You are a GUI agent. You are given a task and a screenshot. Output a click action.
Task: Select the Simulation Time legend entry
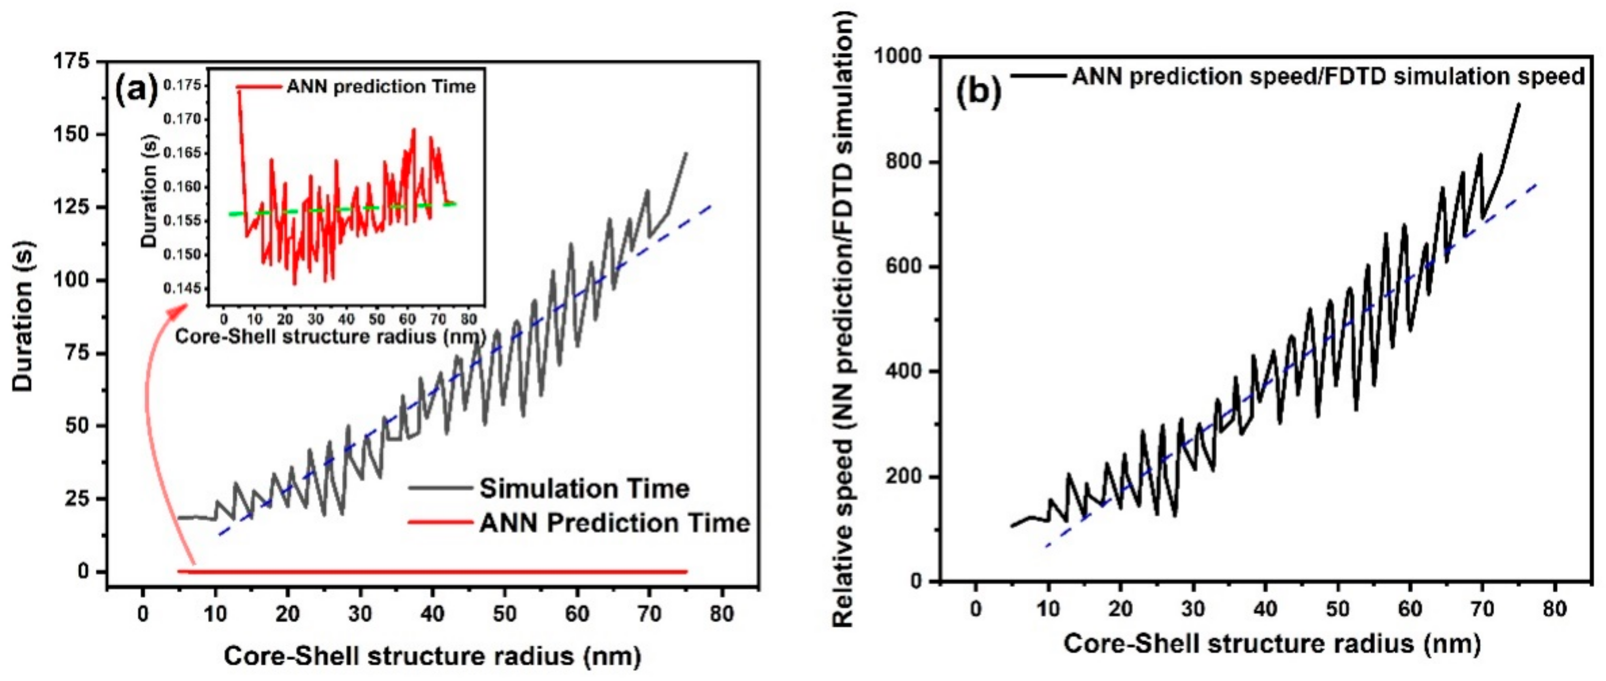(584, 488)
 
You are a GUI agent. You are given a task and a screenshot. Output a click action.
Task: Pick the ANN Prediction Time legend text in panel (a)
(614, 523)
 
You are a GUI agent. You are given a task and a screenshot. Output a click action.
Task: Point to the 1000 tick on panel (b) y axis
(897, 56)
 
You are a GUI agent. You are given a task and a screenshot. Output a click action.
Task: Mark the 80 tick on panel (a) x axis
(721, 614)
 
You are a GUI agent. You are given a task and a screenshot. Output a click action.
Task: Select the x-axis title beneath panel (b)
(1271, 643)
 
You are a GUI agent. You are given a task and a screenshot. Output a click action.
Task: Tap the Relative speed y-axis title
(842, 318)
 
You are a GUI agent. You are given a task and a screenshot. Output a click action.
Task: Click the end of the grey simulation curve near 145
(687, 153)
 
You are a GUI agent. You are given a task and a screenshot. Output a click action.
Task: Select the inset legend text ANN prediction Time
(380, 87)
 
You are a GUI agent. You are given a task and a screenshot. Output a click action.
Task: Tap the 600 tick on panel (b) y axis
(904, 266)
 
